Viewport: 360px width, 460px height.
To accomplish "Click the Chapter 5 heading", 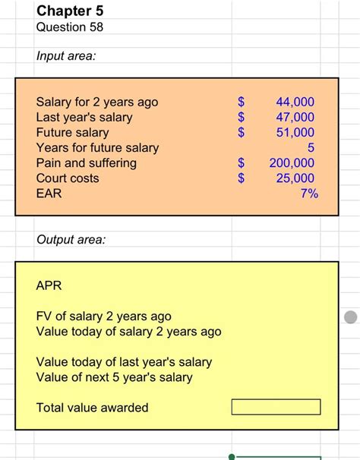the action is click(70, 11).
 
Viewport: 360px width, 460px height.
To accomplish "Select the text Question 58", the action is click(70, 27).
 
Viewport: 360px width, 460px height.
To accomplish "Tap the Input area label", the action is click(66, 57).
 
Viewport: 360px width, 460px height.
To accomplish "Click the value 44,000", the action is click(295, 102).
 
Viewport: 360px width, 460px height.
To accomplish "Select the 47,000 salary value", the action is click(295, 117).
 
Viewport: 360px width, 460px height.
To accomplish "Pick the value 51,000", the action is click(295, 132).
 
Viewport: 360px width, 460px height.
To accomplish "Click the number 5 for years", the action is click(310, 147).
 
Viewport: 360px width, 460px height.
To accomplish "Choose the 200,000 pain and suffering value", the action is click(292, 162).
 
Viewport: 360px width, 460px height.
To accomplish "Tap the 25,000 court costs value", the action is click(295, 178).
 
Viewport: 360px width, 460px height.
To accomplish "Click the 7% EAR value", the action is click(308, 194).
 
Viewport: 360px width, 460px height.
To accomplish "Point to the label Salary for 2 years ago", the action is click(97, 102).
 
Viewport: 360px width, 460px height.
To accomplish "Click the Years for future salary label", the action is click(97, 147).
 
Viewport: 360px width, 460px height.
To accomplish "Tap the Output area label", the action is click(71, 240).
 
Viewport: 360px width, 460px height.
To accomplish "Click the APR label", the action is click(49, 286).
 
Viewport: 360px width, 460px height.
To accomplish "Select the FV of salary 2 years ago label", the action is click(104, 316).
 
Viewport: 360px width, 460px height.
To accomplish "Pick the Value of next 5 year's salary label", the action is click(115, 377).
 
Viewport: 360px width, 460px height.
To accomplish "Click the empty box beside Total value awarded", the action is click(276, 408).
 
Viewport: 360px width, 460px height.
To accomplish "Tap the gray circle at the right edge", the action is click(350, 317).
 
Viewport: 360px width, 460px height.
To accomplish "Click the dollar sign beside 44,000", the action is click(242, 102).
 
